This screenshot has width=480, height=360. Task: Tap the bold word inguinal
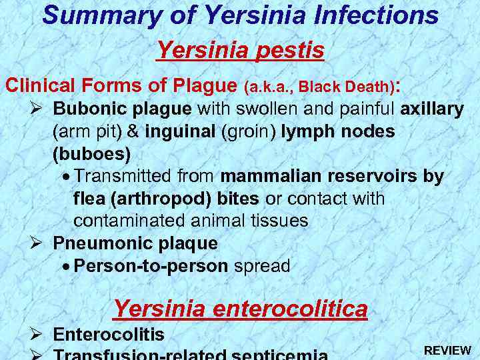point(177,131)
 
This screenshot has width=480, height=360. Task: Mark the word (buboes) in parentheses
point(91,154)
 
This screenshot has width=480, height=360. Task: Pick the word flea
point(87,199)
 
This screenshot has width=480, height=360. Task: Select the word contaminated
point(131,221)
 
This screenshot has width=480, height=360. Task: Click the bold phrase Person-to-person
point(151,266)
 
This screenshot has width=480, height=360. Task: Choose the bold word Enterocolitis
point(109,335)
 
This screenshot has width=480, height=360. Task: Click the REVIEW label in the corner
point(447,350)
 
